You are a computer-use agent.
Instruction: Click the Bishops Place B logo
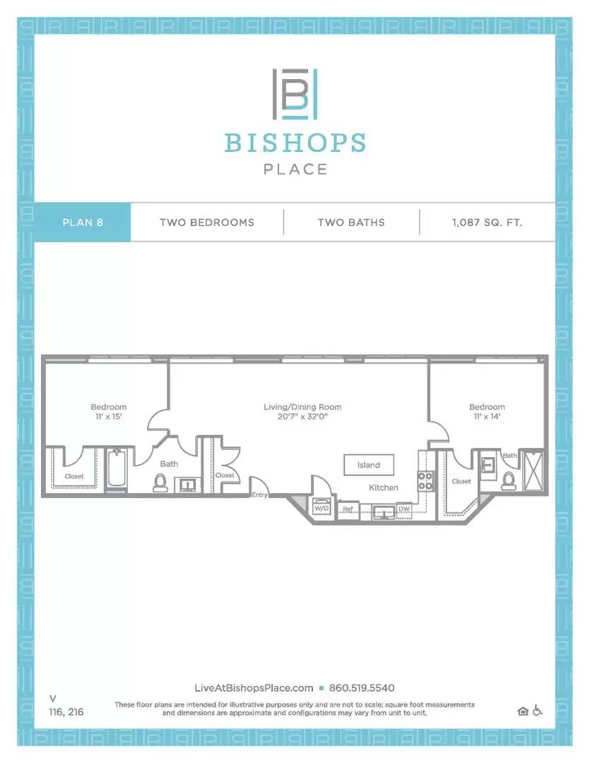295,94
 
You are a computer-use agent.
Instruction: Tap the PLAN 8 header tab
82,223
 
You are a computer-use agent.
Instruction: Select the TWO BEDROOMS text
207,223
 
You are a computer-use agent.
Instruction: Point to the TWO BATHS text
351,223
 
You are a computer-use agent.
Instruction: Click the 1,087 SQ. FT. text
487,223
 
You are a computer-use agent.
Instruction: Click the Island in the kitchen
369,465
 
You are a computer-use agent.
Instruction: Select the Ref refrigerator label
348,509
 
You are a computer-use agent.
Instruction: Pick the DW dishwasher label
404,509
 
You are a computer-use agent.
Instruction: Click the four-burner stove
425,481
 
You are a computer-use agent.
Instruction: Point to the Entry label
259,495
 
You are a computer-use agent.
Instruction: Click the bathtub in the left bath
117,468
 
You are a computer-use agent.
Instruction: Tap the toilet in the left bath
160,483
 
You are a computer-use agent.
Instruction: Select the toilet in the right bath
508,480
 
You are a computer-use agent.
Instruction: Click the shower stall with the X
533,471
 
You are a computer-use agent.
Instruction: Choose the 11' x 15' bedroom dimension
109,417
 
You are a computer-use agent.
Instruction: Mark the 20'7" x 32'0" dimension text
302,417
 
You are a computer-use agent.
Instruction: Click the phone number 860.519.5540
362,688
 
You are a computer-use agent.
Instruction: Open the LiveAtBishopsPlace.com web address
254,688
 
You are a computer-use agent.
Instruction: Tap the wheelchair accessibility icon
537,711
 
